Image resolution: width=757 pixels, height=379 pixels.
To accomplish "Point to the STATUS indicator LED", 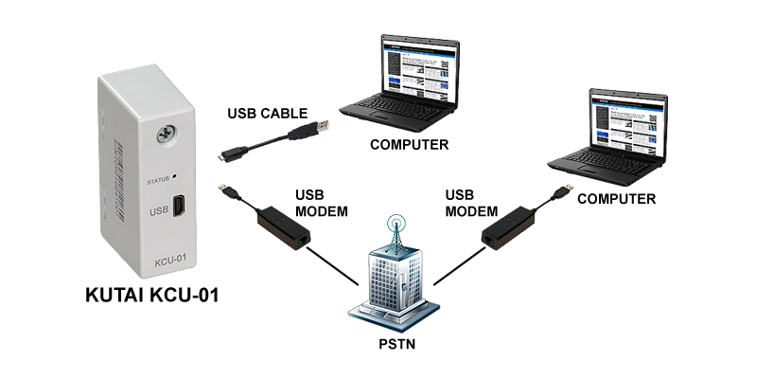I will tap(176, 178).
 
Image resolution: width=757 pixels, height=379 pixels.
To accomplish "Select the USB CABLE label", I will tap(266, 114).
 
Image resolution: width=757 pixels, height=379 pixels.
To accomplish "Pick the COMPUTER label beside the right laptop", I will tap(616, 199).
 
